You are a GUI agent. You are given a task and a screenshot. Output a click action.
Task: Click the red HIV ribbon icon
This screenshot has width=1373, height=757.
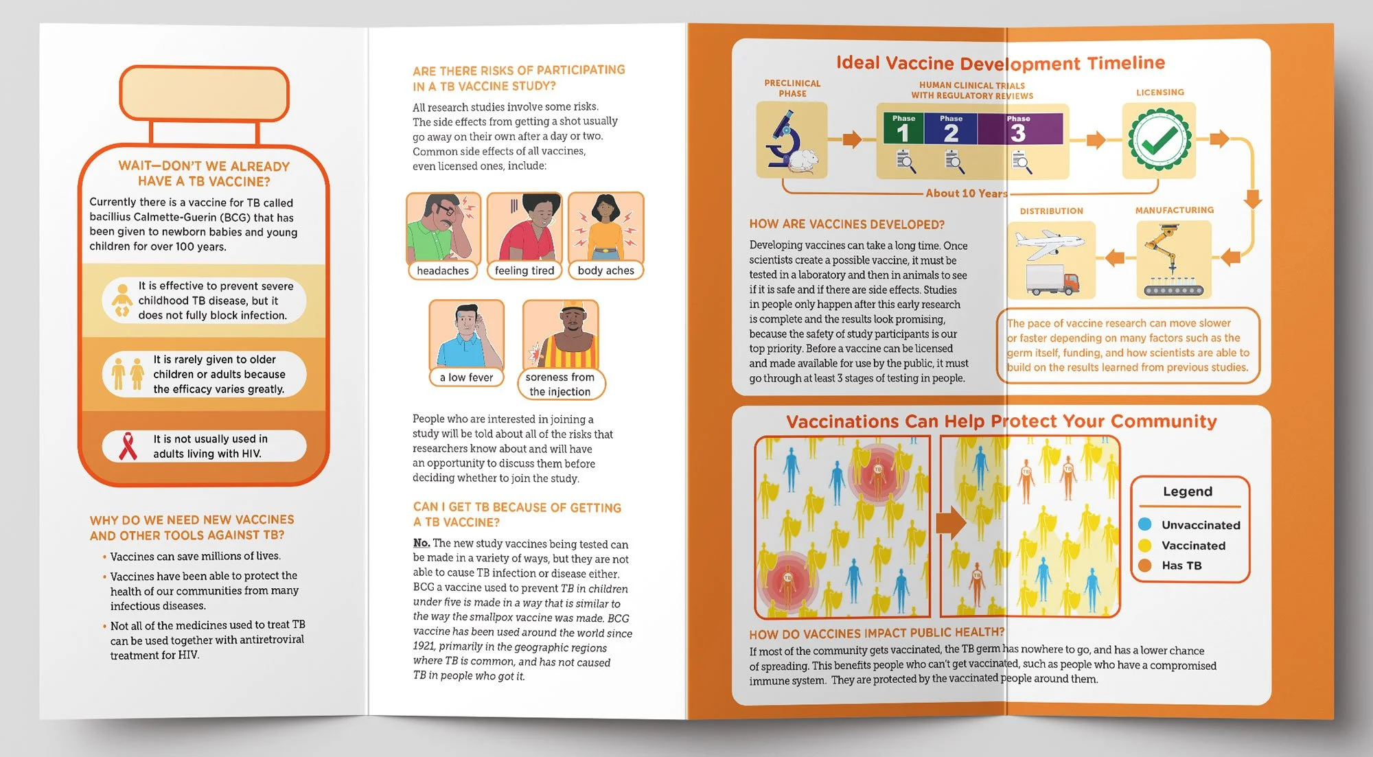(128, 446)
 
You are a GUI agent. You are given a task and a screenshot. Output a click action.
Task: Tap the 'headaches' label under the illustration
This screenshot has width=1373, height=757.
(443, 270)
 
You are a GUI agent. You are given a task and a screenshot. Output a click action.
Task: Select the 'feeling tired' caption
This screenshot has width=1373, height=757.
(524, 270)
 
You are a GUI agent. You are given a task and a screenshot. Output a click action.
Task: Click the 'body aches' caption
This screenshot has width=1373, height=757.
(606, 270)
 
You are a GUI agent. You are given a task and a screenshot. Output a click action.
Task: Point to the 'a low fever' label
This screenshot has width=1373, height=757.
(467, 377)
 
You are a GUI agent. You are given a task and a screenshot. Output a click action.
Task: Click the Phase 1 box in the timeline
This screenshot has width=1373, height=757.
(903, 128)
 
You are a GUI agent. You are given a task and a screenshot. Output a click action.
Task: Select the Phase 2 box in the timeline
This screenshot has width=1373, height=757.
(951, 128)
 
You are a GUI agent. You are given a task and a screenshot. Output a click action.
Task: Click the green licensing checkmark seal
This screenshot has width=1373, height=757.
(1159, 140)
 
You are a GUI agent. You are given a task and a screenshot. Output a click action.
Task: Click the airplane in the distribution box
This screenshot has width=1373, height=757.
(1048, 244)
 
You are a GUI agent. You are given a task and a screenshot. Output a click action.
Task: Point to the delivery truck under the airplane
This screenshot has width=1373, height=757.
(1052, 281)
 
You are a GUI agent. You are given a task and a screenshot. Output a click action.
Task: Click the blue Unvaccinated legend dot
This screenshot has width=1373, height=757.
(1144, 524)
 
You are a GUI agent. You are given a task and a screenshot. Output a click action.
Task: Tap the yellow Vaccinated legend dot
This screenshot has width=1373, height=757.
(1144, 545)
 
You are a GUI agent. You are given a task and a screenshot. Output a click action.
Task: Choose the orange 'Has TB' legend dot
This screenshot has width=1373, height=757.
(1144, 566)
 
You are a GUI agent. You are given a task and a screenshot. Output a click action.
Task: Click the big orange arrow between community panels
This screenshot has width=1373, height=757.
(951, 523)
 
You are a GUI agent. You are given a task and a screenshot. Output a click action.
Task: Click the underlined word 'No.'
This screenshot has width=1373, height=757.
(422, 543)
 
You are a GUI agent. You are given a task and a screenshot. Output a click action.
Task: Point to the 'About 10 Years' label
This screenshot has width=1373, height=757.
(966, 194)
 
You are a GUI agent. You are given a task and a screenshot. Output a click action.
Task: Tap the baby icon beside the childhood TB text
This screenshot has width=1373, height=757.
(122, 300)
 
